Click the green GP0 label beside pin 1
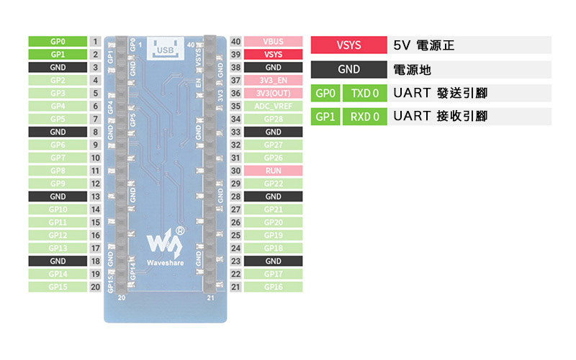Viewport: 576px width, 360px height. [x=58, y=42]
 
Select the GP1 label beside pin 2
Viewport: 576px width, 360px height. [x=58, y=55]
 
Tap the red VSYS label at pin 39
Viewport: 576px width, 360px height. [x=273, y=55]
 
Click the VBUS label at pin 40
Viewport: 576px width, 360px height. [x=273, y=42]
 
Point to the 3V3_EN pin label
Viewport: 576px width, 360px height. [x=273, y=81]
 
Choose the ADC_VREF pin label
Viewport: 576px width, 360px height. [x=273, y=107]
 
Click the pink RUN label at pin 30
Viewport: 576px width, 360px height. [x=273, y=171]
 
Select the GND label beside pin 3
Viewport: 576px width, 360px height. [x=58, y=68]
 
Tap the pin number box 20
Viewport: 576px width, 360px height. [x=95, y=287]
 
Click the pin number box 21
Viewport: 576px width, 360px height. [x=235, y=287]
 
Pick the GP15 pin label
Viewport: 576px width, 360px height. [x=58, y=287]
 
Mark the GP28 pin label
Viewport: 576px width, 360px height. [x=273, y=120]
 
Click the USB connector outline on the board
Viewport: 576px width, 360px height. [x=164, y=47]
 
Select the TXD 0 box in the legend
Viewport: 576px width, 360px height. [x=365, y=94]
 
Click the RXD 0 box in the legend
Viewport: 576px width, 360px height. [x=365, y=117]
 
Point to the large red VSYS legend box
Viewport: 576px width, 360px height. [x=349, y=45]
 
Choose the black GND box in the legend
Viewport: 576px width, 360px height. [x=349, y=70]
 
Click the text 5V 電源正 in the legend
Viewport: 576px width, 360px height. [x=425, y=46]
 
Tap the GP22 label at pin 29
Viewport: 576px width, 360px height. [x=273, y=184]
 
